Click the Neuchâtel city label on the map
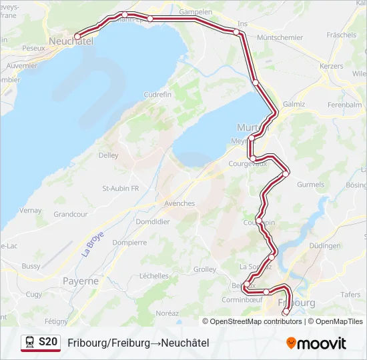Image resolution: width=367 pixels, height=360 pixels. point(70,41)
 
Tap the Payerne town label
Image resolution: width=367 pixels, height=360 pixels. point(81,281)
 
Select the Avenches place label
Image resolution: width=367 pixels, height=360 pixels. point(179,203)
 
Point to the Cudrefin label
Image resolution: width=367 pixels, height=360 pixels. point(157,95)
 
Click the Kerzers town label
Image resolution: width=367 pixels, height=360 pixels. point(331,67)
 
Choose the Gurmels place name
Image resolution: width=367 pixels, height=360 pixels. point(310,185)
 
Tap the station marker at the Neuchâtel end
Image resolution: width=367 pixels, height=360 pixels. point(77,36)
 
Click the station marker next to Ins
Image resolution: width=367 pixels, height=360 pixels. point(236,31)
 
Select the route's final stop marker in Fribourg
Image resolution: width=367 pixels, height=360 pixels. point(286,311)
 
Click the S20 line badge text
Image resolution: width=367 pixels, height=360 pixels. point(48,342)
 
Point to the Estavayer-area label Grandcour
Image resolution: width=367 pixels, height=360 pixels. point(71,215)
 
